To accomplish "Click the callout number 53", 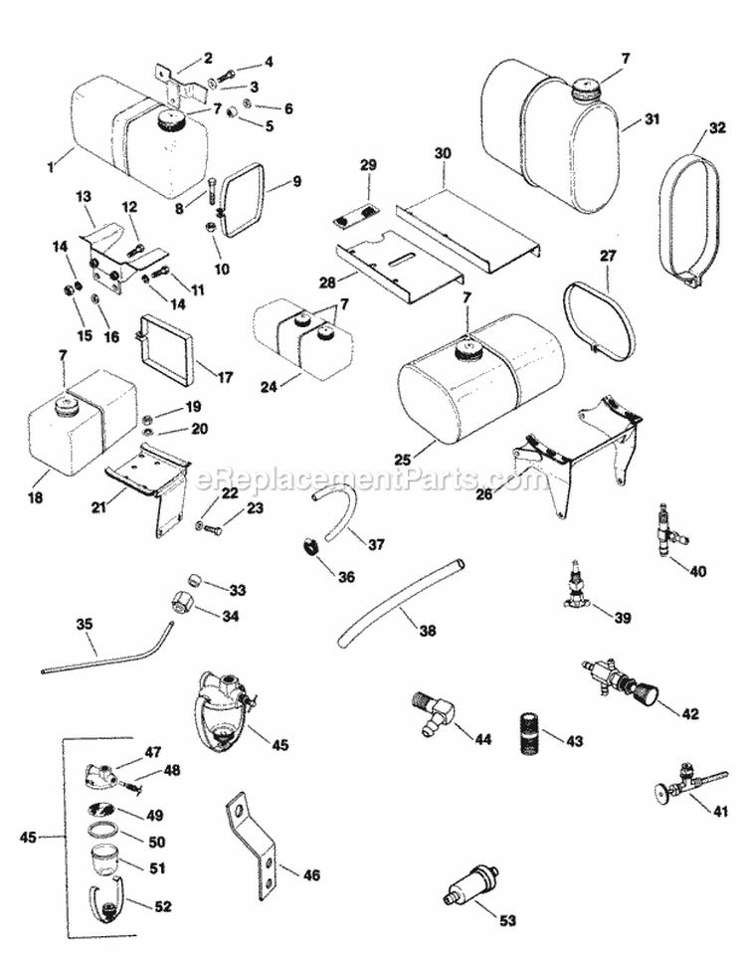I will [507, 921].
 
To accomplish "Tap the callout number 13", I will [83, 194].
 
